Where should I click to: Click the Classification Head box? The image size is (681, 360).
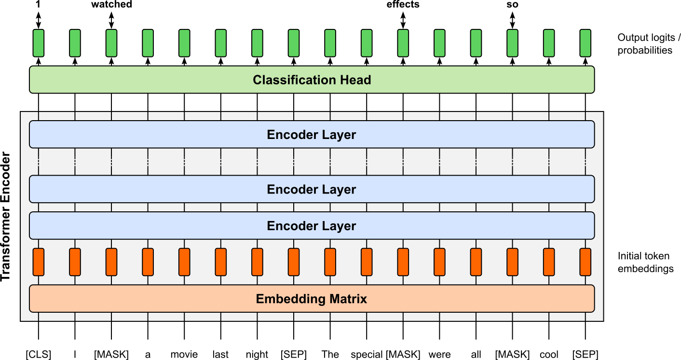pos(312,80)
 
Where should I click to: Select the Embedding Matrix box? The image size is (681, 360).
pos(312,299)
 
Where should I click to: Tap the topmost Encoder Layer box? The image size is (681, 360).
pos(312,134)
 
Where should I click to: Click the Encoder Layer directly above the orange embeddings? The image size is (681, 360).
pos(312,226)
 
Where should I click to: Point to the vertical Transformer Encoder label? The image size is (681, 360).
pos(6,217)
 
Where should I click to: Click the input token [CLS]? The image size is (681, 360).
pos(39,355)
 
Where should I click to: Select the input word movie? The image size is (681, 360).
pos(184,355)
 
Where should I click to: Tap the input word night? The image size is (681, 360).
pos(257,355)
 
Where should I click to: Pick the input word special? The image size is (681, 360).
pos(367,355)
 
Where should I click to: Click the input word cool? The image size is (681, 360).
pos(549,355)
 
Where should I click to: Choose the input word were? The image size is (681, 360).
pos(439,355)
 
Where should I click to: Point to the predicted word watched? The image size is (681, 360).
pos(111,5)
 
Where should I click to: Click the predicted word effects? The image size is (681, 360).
pos(403,5)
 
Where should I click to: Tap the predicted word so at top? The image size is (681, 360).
pos(513,5)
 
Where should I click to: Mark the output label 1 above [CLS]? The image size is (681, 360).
pos(39,5)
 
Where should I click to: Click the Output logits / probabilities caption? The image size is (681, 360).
pos(645,44)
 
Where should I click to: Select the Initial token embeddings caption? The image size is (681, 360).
pos(645,262)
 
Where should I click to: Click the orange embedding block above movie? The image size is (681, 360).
pos(184,262)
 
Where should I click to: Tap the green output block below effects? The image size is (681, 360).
pos(403,44)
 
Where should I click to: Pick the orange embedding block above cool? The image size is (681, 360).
pos(549,262)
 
